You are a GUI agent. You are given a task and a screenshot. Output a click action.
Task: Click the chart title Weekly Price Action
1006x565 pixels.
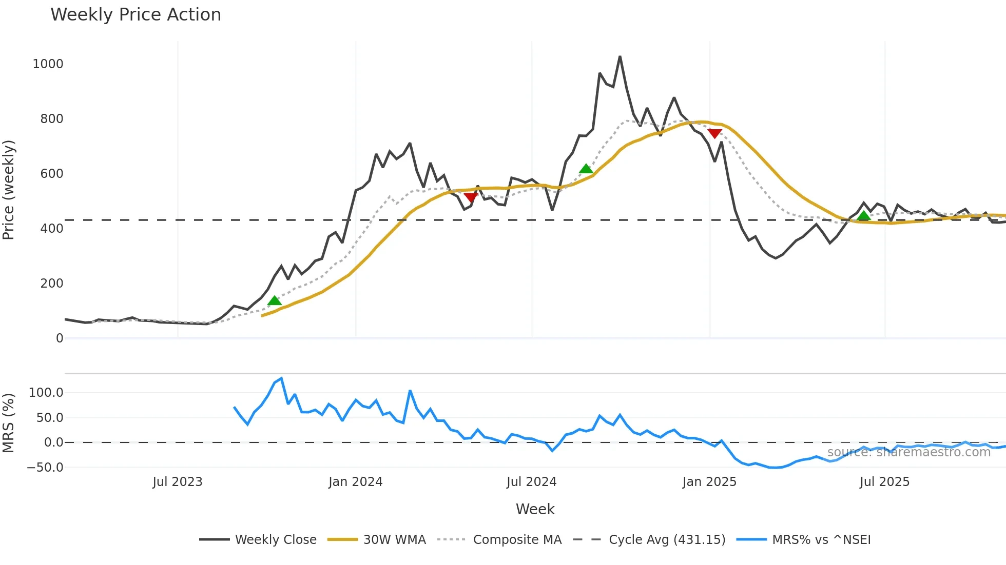coord(136,15)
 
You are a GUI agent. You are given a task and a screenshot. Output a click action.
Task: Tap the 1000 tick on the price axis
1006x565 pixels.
coord(48,64)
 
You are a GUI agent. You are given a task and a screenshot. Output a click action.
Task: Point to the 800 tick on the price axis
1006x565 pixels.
coord(51,119)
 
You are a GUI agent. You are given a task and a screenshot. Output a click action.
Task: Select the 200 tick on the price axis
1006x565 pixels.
coord(51,284)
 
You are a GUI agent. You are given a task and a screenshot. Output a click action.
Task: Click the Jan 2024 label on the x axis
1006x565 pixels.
coord(355,482)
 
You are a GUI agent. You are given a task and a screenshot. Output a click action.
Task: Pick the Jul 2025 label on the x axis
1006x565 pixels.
coord(884,482)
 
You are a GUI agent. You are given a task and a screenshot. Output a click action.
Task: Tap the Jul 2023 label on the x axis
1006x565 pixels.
coord(177,482)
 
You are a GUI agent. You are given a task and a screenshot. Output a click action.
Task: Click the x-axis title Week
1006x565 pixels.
coord(535,509)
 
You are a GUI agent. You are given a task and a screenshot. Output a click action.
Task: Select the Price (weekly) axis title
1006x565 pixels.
coord(9,190)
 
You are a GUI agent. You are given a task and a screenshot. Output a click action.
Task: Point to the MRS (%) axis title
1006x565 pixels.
coord(9,423)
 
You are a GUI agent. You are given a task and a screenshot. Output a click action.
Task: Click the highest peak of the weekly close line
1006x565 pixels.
coord(620,56)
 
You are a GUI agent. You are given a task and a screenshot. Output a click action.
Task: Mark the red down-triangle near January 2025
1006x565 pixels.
coord(714,133)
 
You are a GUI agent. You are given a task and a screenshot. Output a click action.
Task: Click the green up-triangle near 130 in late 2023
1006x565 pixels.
coord(275,300)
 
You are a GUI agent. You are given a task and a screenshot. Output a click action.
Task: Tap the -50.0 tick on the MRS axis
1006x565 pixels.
coord(45,468)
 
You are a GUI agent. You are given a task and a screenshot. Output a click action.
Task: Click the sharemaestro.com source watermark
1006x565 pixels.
coord(908,452)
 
